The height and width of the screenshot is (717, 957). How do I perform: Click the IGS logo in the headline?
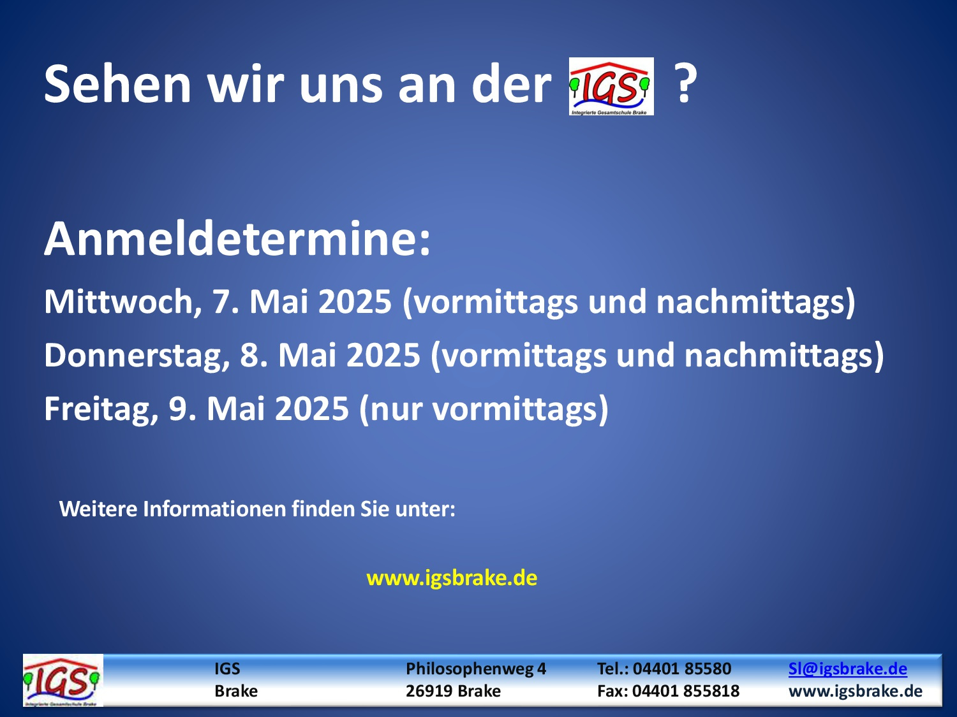tap(611, 86)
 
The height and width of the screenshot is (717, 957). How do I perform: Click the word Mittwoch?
tap(119, 301)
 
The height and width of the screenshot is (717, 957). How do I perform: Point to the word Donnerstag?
tap(133, 355)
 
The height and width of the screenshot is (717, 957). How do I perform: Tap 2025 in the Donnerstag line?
tap(383, 355)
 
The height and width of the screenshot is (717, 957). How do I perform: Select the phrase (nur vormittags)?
tap(483, 409)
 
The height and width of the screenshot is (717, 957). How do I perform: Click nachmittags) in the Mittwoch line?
tap(755, 301)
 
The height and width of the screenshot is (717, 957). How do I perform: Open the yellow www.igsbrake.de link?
tap(452, 578)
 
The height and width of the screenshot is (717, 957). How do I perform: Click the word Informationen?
tap(214, 509)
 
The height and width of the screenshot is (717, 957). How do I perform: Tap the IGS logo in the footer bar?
tap(63, 680)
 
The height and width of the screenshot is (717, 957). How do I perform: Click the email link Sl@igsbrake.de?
tap(847, 669)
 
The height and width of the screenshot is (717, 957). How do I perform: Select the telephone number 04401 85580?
tap(682, 669)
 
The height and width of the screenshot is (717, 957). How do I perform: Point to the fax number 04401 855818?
tap(686, 691)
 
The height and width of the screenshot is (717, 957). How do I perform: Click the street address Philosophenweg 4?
tap(476, 669)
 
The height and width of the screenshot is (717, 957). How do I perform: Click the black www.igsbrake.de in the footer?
tap(856, 691)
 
